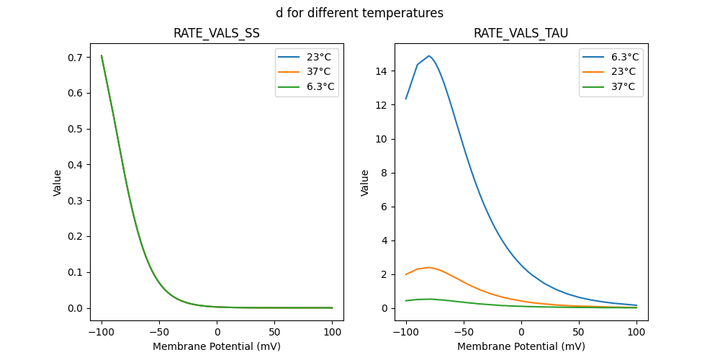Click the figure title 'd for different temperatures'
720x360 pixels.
coord(359,13)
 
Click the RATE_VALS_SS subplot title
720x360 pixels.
coord(216,33)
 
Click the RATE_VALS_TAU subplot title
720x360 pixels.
coord(521,33)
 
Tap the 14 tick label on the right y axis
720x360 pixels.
coord(382,71)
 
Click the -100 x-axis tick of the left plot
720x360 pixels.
coord(102,332)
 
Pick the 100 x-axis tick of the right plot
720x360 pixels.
coord(636,332)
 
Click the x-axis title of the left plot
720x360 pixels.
coord(216,346)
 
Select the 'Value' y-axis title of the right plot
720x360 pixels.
coord(365,183)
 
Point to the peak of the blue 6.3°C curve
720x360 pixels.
coord(429,55)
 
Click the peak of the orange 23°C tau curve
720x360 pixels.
coord(429,267)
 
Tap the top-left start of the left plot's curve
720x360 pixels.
coord(102,55)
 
